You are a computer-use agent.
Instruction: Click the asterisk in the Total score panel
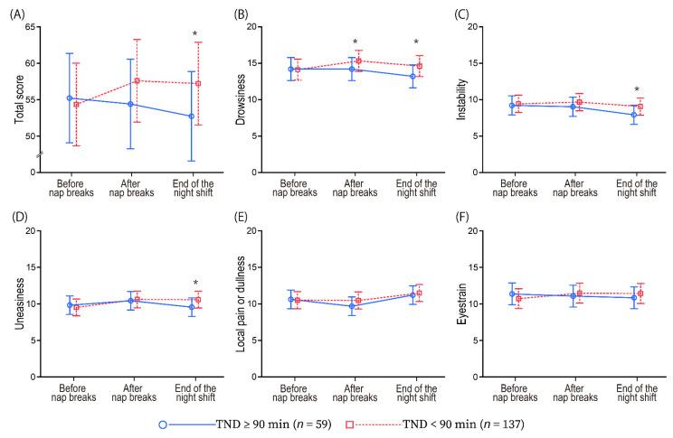(x=195, y=35)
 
